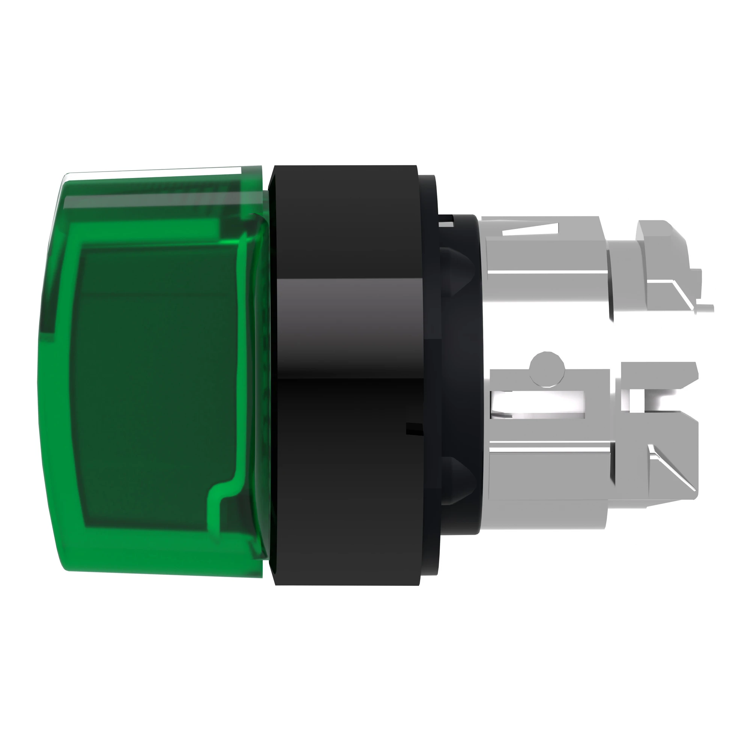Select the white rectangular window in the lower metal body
(538, 404)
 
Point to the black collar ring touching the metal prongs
(459, 373)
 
